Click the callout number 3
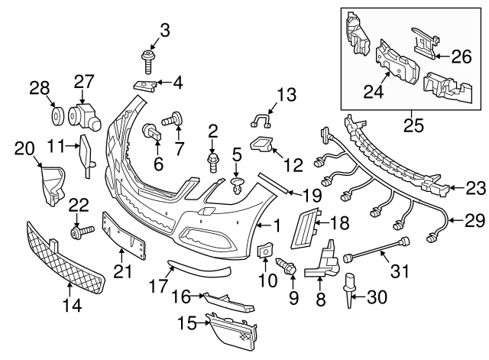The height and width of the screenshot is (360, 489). click(164, 31)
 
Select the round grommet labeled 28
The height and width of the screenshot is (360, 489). click(55, 115)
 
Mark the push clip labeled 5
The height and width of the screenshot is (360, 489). click(238, 183)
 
